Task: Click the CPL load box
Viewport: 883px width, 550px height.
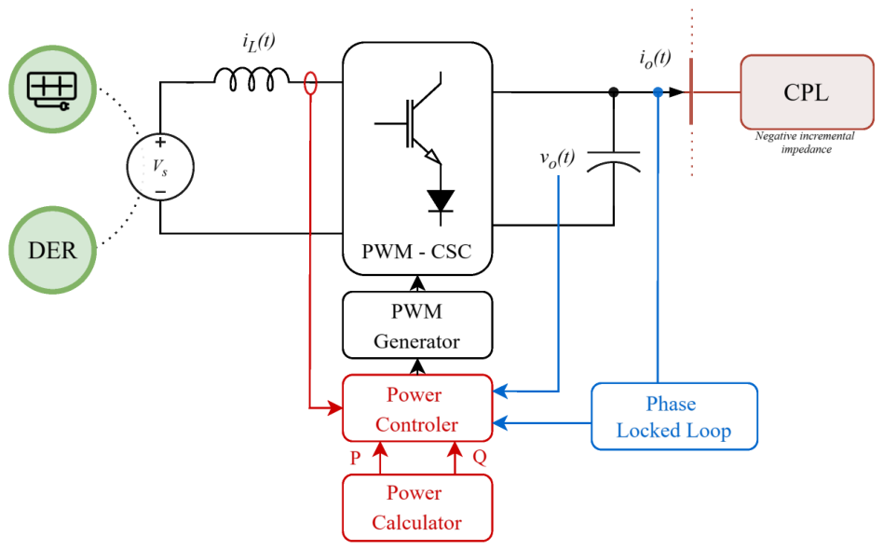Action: (807, 92)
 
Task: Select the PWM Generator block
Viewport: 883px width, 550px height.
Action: (417, 325)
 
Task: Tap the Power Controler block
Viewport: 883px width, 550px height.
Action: (417, 408)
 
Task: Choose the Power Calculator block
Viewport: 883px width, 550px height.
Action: (417, 508)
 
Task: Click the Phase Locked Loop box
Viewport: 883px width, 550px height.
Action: (674, 417)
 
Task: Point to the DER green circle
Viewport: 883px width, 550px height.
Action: (52, 250)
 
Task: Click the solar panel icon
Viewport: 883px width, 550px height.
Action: (52, 90)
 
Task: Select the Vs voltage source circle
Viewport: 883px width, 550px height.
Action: (160, 167)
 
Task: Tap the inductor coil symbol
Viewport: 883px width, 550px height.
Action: (251, 79)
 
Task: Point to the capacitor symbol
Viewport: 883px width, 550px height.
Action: (614, 161)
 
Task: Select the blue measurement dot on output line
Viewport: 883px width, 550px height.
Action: (658, 92)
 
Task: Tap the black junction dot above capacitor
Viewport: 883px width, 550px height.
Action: (614, 92)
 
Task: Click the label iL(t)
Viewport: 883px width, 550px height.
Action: (259, 42)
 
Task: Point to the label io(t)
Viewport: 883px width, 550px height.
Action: (656, 59)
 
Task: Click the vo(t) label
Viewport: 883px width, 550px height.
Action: (558, 158)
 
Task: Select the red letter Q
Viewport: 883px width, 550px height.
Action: (480, 457)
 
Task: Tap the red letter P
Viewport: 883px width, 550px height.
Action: (355, 458)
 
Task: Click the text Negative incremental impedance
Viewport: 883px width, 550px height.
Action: (805, 143)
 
